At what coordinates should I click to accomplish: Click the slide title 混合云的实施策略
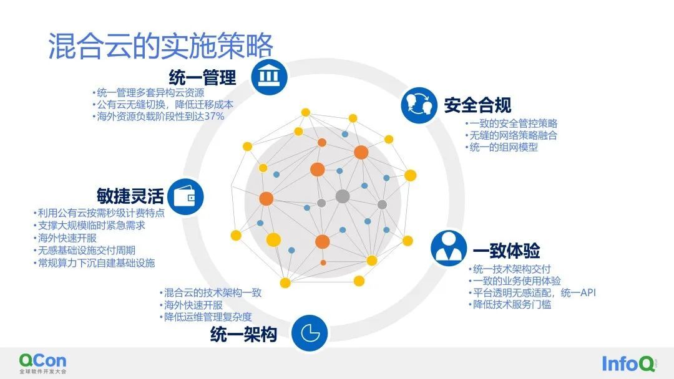160,46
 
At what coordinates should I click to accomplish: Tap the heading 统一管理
202,78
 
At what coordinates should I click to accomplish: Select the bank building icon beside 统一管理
269,77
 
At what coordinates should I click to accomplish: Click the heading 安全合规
477,105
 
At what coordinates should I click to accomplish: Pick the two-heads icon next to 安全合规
419,105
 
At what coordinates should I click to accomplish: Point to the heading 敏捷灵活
130,196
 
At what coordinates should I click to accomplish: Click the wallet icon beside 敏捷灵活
185,196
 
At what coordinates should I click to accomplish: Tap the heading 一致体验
506,251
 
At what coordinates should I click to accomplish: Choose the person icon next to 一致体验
449,248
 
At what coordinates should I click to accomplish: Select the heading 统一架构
244,334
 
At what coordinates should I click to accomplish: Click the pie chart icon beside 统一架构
310,333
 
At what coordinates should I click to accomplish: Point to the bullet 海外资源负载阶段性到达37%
158,117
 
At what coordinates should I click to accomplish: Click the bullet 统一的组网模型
501,147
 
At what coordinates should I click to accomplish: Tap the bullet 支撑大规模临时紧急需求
89,225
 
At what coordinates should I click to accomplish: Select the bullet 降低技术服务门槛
510,305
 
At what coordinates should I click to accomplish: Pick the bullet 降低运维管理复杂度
205,317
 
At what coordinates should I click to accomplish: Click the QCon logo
43,363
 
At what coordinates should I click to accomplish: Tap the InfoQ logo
628,363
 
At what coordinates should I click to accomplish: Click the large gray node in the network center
343,196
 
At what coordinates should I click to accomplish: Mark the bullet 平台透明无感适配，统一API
532,293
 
